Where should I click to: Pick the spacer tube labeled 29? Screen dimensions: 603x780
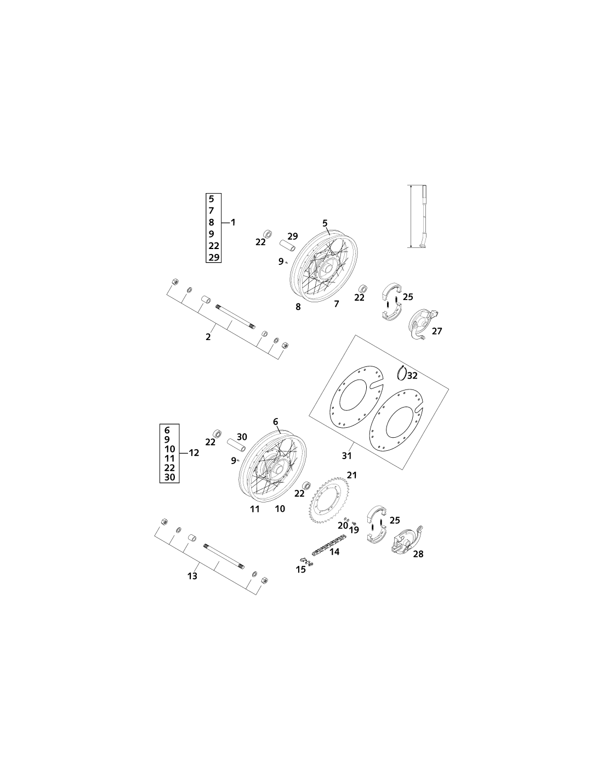pyautogui.click(x=288, y=247)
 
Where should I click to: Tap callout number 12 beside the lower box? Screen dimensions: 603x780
pyautogui.click(x=194, y=453)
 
